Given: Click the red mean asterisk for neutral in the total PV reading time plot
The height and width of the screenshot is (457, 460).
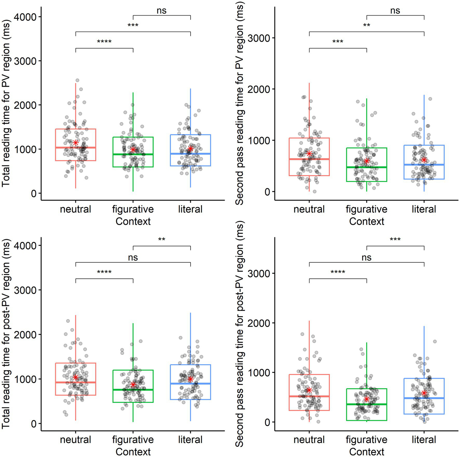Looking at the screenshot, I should (x=76, y=143).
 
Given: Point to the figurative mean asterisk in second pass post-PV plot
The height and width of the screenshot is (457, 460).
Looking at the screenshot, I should (x=367, y=399).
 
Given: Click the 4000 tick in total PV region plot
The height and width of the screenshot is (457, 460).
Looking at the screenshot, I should (x=25, y=17).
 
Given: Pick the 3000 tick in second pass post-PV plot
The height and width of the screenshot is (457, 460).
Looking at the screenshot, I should (x=259, y=273).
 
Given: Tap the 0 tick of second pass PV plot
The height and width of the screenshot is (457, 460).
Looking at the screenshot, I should (x=267, y=192).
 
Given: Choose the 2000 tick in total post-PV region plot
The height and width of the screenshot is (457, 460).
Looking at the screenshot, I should (x=25, y=335).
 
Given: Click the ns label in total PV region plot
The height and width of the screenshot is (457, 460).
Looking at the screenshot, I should (x=162, y=11).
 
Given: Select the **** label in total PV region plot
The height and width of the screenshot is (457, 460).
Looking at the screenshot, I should (x=104, y=42).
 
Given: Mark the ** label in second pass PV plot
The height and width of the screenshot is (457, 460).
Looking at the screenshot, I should (x=367, y=25).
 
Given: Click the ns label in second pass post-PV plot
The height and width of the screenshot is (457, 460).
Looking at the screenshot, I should (x=367, y=257).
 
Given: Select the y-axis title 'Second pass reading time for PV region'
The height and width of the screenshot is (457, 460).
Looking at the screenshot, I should (x=239, y=103).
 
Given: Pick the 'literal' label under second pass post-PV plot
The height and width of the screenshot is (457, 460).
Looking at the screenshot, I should (x=424, y=440).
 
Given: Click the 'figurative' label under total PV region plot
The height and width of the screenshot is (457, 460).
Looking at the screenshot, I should (x=133, y=209).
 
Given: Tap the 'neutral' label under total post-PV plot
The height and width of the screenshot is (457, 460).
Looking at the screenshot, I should (x=76, y=440).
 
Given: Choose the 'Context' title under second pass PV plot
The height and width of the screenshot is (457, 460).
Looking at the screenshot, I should (x=367, y=221).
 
